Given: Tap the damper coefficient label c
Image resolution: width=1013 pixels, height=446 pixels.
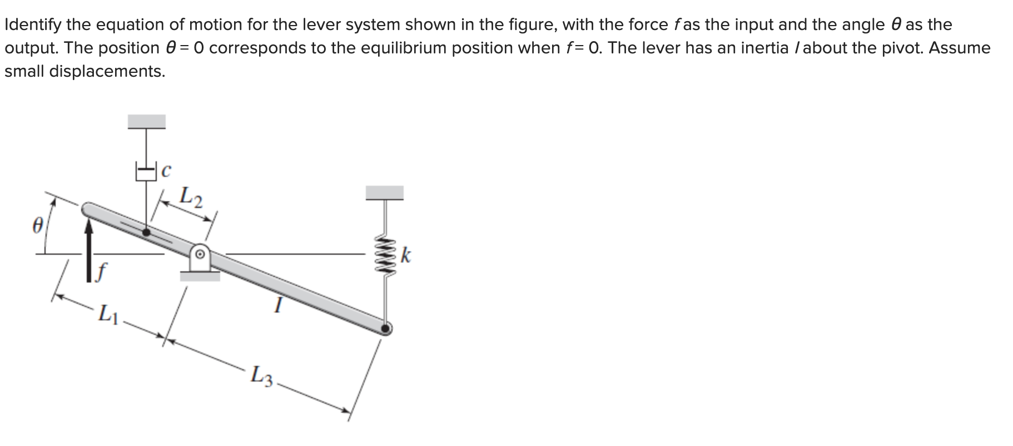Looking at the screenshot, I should point(165,171).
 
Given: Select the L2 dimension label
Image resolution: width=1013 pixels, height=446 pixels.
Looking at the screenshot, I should point(191,196).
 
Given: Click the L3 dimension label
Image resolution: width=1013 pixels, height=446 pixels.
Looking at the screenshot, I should point(261,375).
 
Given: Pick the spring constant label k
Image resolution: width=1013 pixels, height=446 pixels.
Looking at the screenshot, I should point(406,256).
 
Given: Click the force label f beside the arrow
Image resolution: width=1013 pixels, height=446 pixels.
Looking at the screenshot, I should point(100,272).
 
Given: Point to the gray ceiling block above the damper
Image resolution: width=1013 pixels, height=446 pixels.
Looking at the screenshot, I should point(147,121).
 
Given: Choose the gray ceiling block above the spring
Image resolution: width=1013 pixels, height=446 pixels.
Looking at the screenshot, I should point(384,193).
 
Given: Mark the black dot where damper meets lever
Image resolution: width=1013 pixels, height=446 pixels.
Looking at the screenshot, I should point(146,232).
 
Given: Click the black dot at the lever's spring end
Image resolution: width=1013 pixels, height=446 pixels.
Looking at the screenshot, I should point(385,329).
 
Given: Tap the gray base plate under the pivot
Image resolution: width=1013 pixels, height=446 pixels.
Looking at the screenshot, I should point(200,276).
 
